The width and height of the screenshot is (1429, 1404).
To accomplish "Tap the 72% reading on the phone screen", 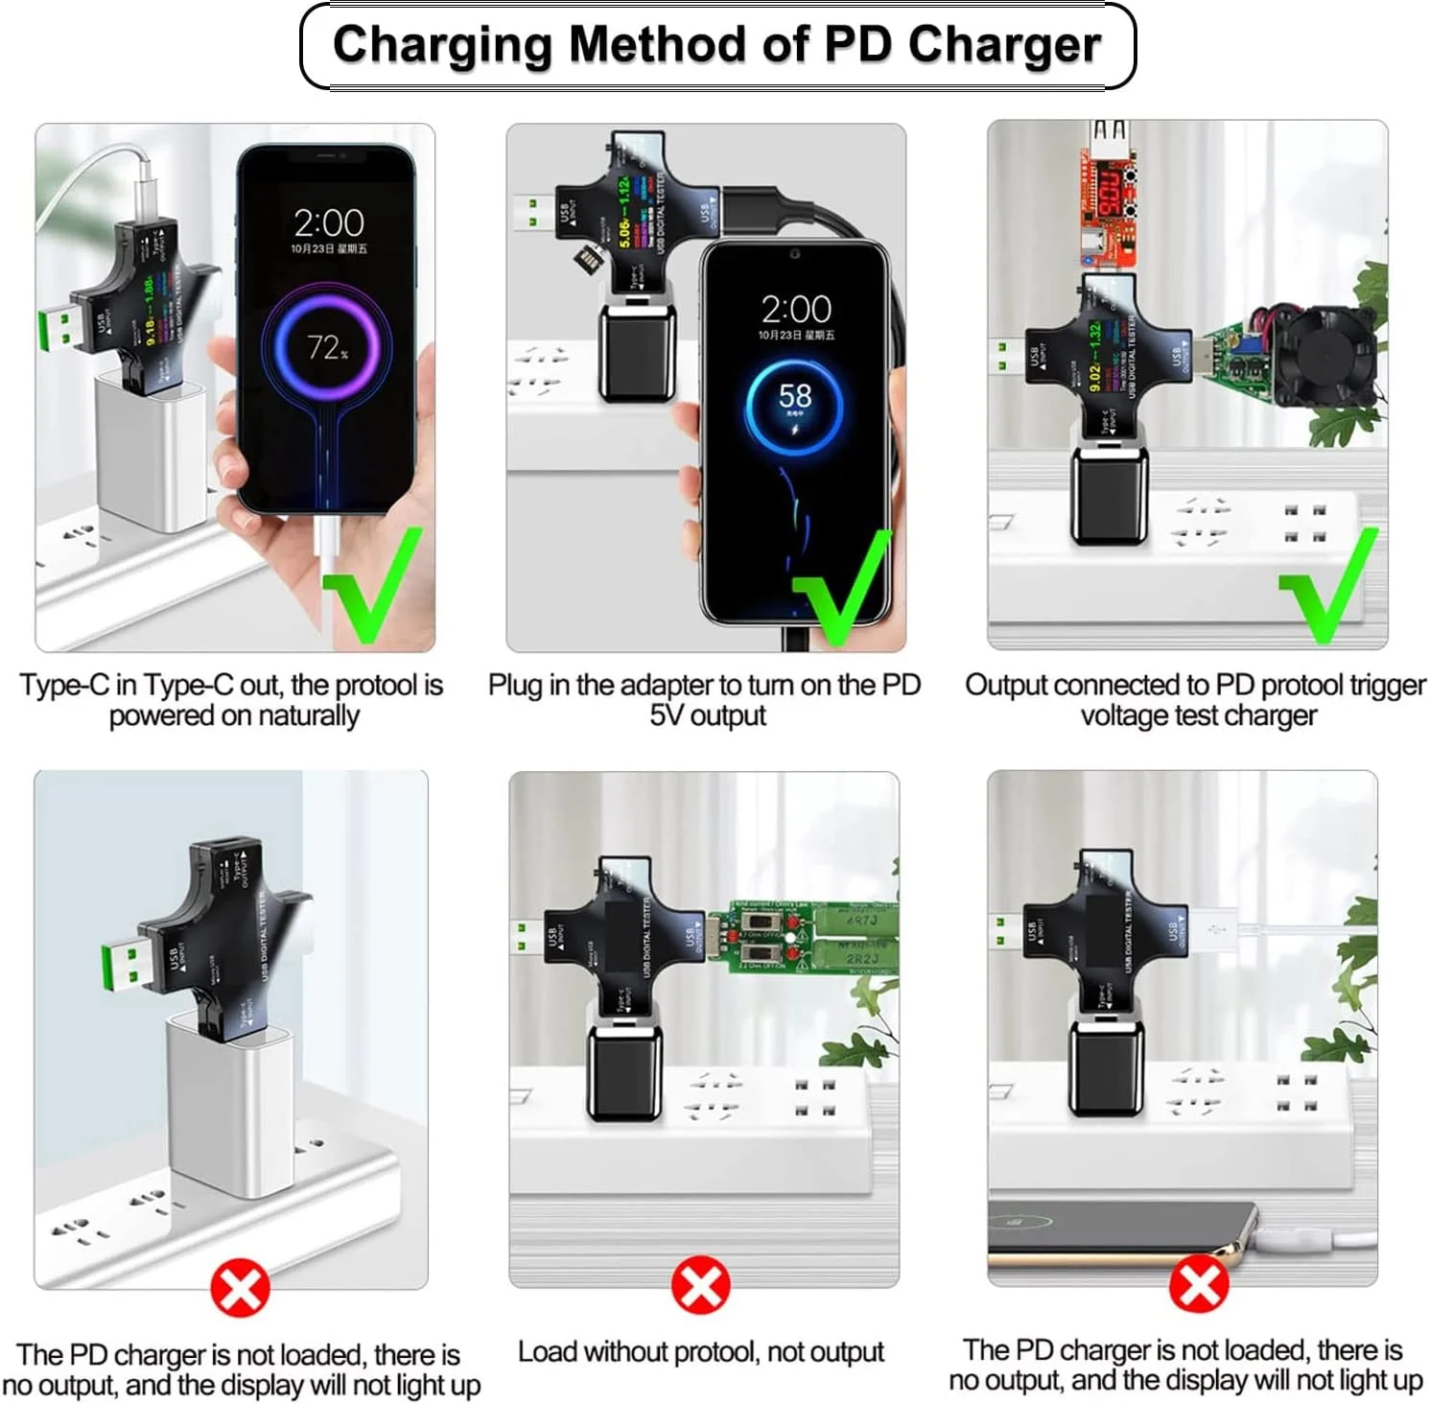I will click(327, 346).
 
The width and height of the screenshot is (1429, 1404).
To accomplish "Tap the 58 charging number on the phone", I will click(795, 396).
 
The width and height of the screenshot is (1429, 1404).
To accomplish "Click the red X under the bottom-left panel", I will click(240, 1287).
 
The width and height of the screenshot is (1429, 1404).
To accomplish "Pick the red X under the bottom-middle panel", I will click(701, 1285).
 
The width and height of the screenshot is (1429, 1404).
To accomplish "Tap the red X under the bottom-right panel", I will click(1198, 1285).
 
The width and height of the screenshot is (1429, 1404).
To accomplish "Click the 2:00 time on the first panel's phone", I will click(328, 223).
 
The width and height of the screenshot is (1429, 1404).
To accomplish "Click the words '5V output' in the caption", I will click(708, 715).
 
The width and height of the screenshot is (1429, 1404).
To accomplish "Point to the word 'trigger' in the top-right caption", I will click(1387, 685).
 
